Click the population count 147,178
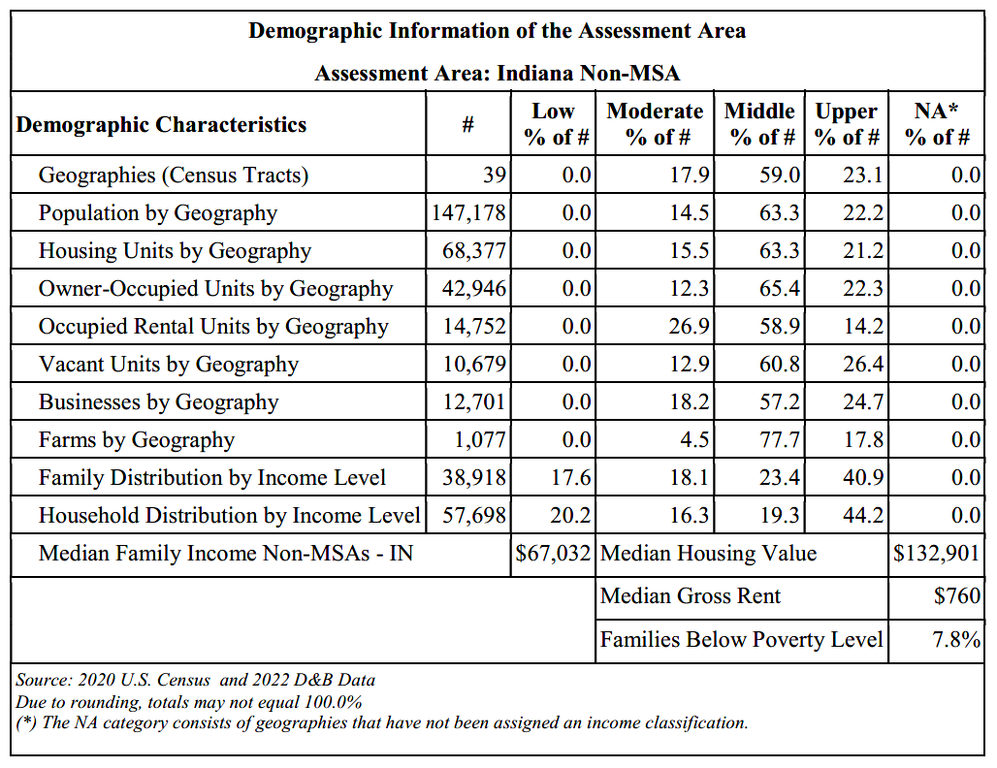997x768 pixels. (468, 212)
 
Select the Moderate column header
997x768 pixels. (655, 123)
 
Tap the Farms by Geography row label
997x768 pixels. (137, 440)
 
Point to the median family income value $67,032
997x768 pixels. (553, 553)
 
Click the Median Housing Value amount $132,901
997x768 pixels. (936, 553)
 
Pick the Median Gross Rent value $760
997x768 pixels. (957, 595)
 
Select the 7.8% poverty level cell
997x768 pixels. (956, 639)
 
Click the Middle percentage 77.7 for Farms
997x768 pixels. (780, 440)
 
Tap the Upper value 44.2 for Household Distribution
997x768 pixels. (863, 516)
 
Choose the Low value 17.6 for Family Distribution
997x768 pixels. (571, 477)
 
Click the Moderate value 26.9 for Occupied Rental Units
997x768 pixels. (689, 326)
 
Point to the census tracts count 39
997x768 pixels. (494, 175)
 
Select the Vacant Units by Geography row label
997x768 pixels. (169, 365)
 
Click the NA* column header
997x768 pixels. (937, 123)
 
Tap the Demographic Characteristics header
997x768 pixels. (161, 125)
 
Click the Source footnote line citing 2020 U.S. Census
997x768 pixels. (195, 681)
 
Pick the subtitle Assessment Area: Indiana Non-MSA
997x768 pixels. (498, 73)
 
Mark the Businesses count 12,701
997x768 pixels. (474, 401)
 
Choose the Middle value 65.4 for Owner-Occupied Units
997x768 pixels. (780, 289)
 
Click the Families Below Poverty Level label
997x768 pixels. (741, 639)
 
